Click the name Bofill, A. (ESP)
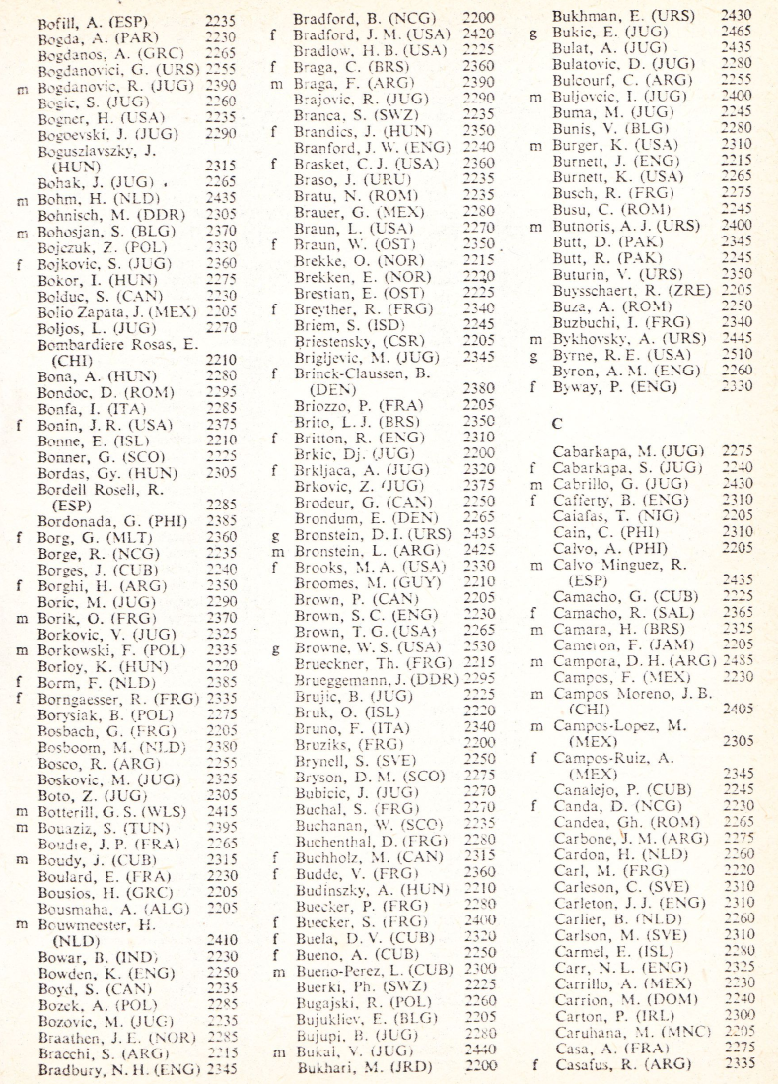91,21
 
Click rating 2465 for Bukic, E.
738,33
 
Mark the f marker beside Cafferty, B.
532,500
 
